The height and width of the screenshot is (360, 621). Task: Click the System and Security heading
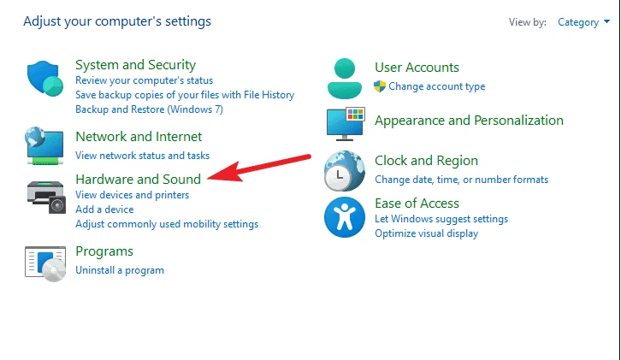[135, 65]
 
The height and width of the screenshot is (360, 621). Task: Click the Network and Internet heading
[139, 137]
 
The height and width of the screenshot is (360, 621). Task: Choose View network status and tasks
[142, 156]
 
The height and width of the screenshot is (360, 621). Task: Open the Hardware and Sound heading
[138, 180]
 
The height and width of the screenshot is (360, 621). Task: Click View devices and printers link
[132, 195]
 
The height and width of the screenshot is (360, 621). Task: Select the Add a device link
[104, 210]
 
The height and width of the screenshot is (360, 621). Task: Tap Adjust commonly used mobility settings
[167, 224]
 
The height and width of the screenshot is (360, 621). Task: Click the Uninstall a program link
[120, 270]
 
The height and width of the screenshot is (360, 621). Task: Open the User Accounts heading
[417, 68]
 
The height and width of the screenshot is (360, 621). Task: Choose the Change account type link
[436, 86]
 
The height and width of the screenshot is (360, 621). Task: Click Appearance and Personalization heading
[469, 121]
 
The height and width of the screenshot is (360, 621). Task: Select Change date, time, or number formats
[461, 180]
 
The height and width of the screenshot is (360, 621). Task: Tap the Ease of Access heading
[417, 204]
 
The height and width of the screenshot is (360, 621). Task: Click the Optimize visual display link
[426, 233]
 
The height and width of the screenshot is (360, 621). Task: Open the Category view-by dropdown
[578, 22]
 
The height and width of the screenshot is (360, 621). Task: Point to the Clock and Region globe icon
[344, 171]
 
